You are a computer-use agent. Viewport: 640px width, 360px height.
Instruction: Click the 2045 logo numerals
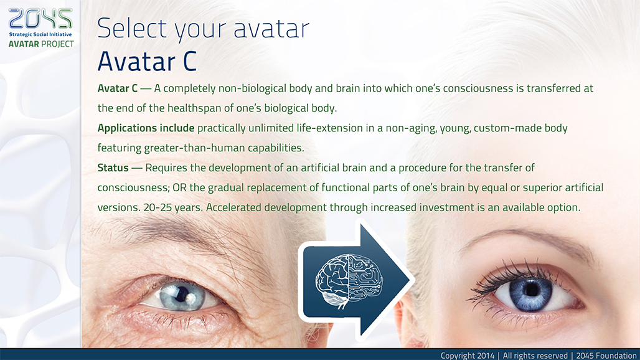(x=40, y=18)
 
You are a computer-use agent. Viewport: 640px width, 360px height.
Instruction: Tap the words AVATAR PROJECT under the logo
(x=41, y=44)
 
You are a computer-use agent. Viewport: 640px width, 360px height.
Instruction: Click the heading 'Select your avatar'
(x=203, y=29)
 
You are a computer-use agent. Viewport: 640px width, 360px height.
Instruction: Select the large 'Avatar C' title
(x=147, y=61)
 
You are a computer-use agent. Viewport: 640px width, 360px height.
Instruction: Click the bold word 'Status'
(x=113, y=168)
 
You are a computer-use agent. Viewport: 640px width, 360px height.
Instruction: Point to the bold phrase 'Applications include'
(x=146, y=128)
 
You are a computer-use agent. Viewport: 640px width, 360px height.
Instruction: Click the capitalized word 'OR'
(x=179, y=187)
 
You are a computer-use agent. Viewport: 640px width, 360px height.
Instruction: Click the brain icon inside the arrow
(x=349, y=282)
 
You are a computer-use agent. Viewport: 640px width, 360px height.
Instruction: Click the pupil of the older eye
(x=182, y=293)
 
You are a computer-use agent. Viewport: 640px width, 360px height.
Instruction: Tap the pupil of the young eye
(x=530, y=290)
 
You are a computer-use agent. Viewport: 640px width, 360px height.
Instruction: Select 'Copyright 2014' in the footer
(x=468, y=356)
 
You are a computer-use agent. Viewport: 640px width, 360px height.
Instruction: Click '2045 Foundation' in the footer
(x=606, y=356)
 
